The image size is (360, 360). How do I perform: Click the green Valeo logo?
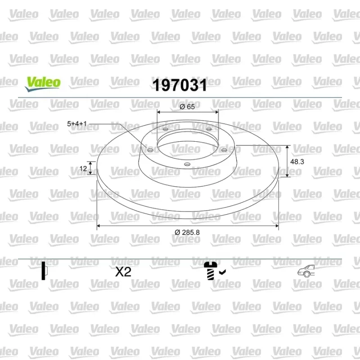click(43, 84)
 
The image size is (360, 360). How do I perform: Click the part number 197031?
click(180, 85)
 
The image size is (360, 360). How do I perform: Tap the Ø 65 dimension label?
click(187, 107)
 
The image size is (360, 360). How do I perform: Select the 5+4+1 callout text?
click(77, 124)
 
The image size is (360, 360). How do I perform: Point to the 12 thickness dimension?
click(83, 168)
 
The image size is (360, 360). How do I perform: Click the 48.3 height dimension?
click(297, 162)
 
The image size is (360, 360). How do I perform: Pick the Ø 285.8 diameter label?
click(187, 232)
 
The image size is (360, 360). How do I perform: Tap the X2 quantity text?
click(123, 272)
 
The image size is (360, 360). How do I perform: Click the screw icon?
click(211, 271)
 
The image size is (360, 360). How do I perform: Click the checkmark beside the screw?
click(222, 272)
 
